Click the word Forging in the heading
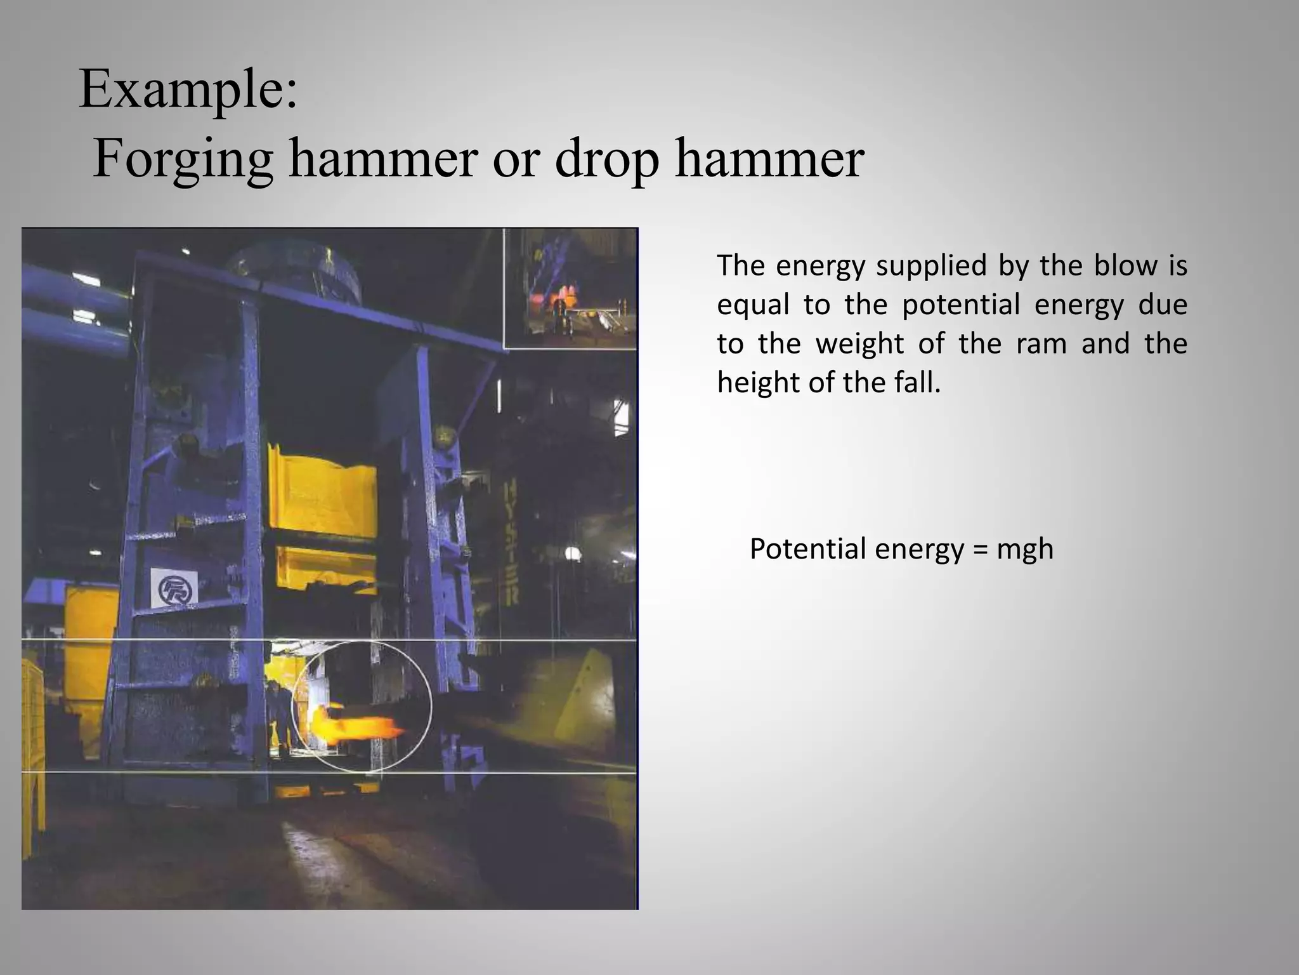point(183,160)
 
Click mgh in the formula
point(1024,550)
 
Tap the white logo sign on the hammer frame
point(174,587)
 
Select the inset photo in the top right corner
point(570,288)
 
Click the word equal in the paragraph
point(753,306)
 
